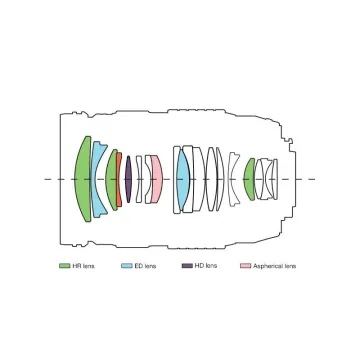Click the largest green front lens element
tap(83, 179)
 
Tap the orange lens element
tap(119, 179)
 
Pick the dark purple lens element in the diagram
tap(128, 179)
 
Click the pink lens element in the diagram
tap(157, 179)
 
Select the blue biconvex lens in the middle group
tap(182, 179)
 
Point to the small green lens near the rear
tap(249, 179)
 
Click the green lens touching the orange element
tap(111, 179)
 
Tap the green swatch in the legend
tap(64, 266)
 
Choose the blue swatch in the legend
tap(127, 266)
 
